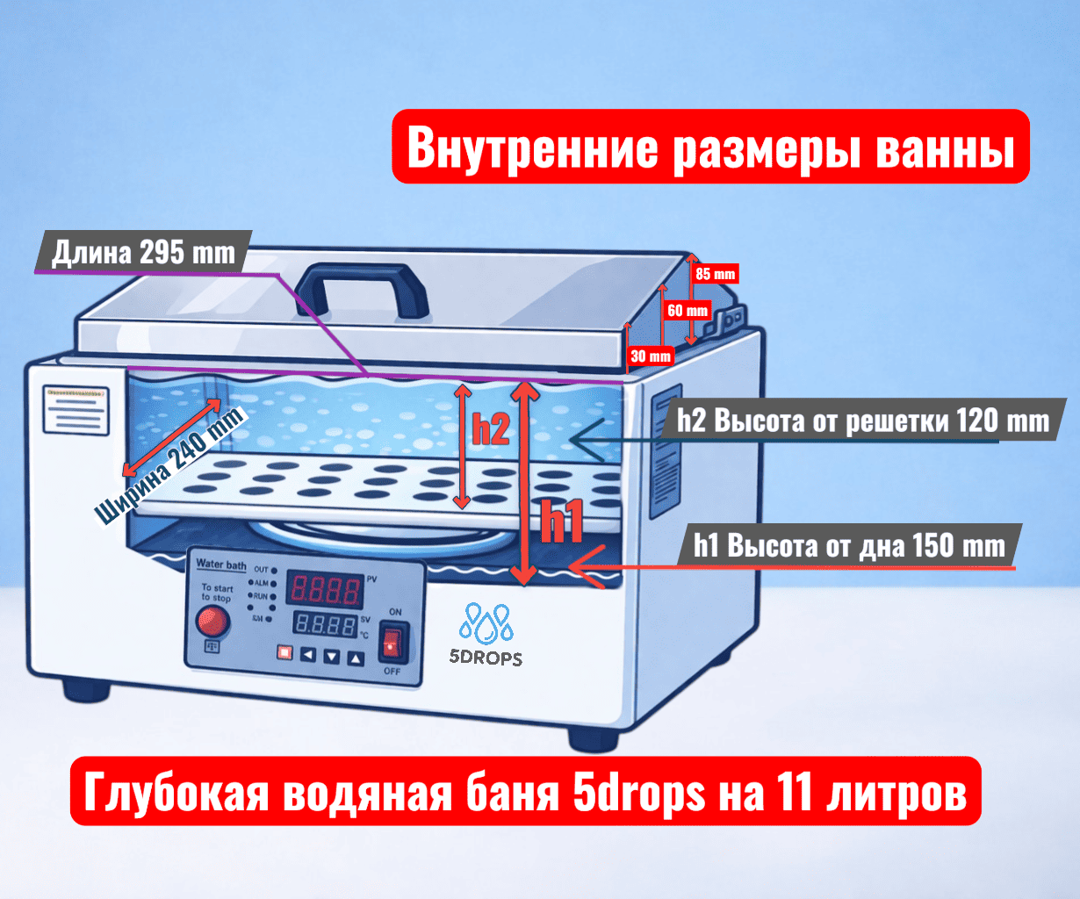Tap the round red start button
pos(212,622)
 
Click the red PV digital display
pos(326,589)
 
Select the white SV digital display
pos(325,625)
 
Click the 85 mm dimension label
pos(715,274)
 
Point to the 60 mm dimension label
pos(688,310)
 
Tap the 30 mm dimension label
pos(651,356)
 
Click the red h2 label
pos(491,429)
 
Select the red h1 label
pos(561,522)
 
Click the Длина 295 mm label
pos(143,253)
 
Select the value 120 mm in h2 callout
pos(1003,421)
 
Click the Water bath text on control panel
pos(220,565)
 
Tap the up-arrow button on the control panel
pos(356,656)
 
